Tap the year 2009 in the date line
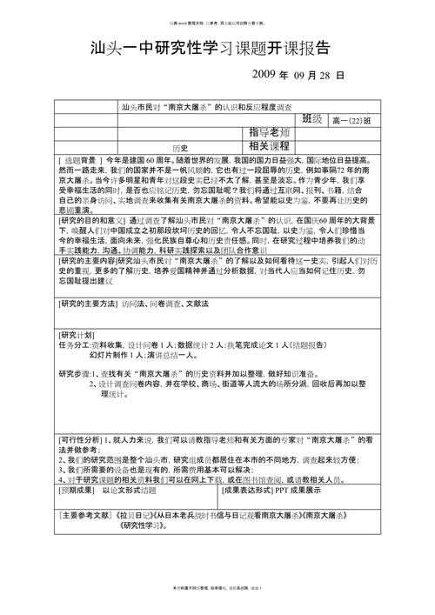pos(264,76)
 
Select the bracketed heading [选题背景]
pos(82,162)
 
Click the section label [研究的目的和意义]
pos(93,220)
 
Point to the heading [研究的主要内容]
pos(92,261)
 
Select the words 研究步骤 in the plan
pos(74,373)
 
